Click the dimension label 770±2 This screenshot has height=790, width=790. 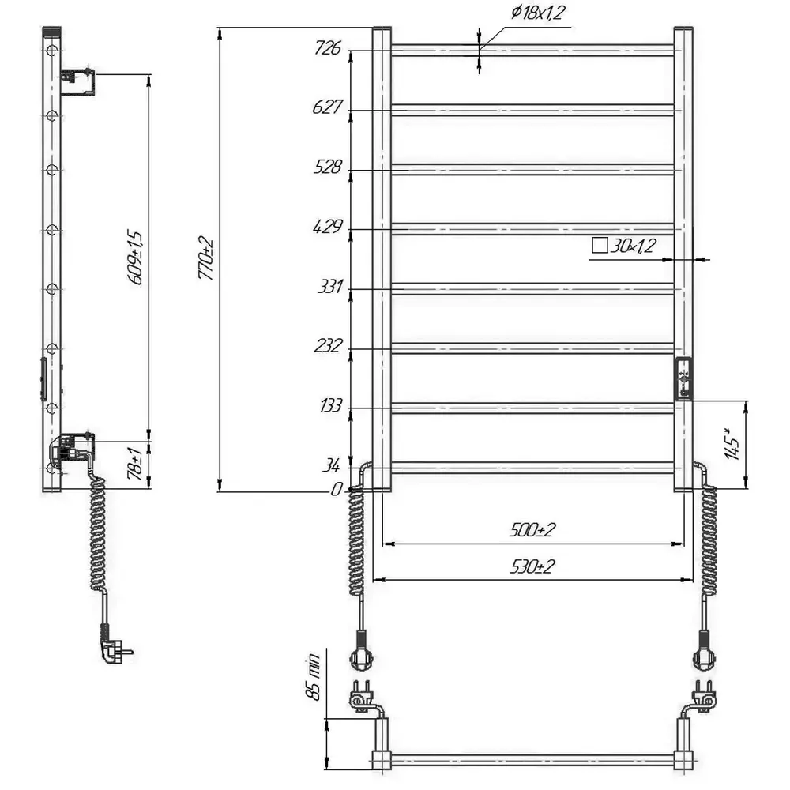click(205, 258)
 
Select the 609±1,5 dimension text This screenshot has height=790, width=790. click(136, 258)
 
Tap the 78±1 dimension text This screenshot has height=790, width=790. click(135, 463)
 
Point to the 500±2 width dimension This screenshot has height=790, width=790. click(532, 530)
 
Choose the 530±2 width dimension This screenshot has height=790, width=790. click(532, 566)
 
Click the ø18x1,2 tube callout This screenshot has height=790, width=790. click(537, 13)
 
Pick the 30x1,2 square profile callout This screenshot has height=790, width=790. click(624, 246)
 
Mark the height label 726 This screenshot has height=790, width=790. click(328, 48)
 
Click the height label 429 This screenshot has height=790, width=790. click(328, 227)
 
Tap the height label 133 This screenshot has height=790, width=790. click(330, 405)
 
